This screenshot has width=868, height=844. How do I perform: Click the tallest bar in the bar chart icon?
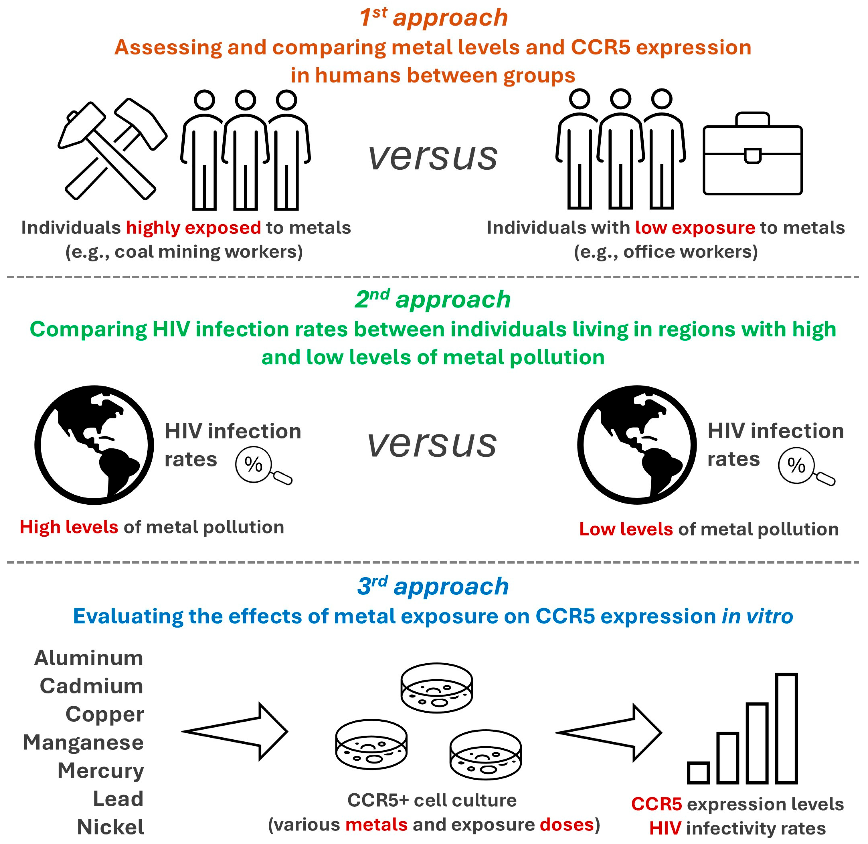point(786,728)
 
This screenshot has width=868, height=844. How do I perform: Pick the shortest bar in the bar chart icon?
point(698,773)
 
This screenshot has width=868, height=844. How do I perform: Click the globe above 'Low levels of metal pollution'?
point(637,445)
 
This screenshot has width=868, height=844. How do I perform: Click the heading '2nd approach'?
point(433,300)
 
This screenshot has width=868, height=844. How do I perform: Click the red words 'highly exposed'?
point(193,228)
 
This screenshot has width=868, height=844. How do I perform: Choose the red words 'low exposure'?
point(695,228)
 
